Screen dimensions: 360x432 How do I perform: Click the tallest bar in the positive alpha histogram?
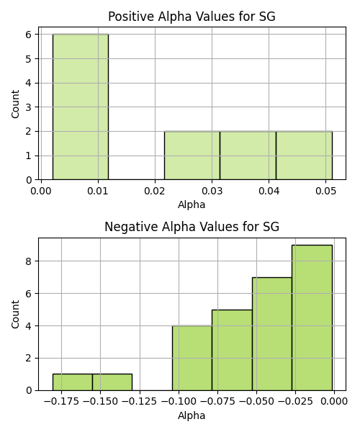[81, 107]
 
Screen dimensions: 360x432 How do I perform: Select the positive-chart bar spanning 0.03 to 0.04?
[248, 156]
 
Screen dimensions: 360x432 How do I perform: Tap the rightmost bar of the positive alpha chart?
[304, 156]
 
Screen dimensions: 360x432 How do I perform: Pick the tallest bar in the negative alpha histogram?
[312, 318]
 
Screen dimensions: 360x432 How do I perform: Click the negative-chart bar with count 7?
[272, 334]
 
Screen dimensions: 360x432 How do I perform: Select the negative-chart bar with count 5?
[232, 350]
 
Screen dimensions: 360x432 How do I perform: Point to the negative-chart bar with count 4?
[192, 358]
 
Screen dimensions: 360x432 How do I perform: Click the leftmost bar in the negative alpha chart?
[73, 382]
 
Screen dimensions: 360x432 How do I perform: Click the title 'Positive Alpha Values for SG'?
[192, 17]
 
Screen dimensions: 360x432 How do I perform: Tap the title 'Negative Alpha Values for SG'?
[192, 227]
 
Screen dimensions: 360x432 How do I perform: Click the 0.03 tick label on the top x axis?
[212, 191]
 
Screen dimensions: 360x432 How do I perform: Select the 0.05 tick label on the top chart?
[325, 191]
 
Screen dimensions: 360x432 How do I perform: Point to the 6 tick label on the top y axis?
[29, 35]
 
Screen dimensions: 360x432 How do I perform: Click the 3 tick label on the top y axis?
[29, 107]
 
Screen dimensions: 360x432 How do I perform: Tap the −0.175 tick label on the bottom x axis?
[61, 402]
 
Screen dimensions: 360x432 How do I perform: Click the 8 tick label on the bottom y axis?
[29, 261]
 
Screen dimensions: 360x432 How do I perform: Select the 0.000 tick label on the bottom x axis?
[334, 402]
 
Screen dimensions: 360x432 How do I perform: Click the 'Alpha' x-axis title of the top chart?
[192, 204]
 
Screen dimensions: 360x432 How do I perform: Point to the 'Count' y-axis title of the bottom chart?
[15, 315]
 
